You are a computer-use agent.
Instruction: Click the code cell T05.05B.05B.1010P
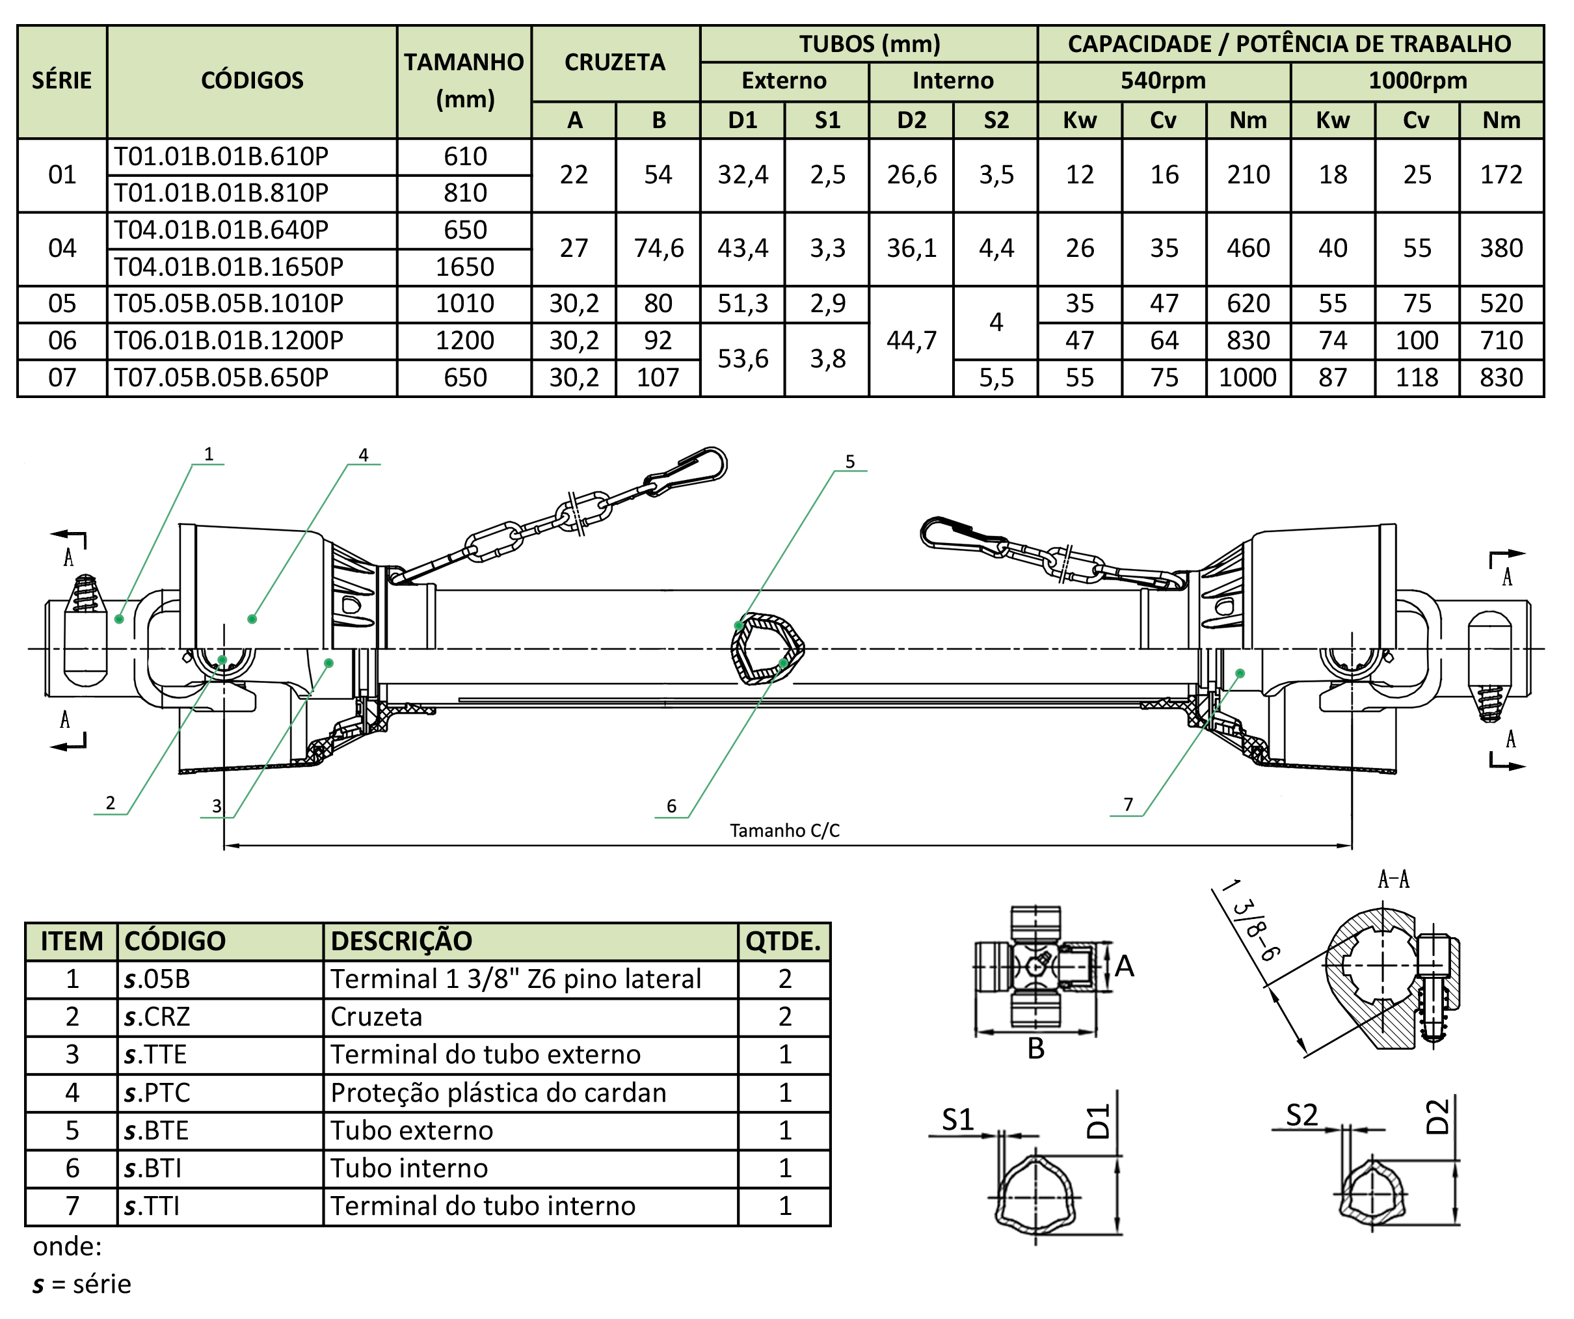pos(228,304)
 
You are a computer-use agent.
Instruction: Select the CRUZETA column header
pos(615,62)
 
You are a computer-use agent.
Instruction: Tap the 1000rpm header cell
pos(1417,80)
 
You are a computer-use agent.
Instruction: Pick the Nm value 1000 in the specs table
pos(1247,377)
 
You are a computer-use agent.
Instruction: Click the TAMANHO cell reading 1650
pos(464,267)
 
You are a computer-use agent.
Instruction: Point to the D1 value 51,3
pos(743,304)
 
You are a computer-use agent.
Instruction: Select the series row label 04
pos(62,248)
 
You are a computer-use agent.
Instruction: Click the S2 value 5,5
pos(996,378)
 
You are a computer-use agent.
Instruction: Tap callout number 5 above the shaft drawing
pos(850,462)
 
